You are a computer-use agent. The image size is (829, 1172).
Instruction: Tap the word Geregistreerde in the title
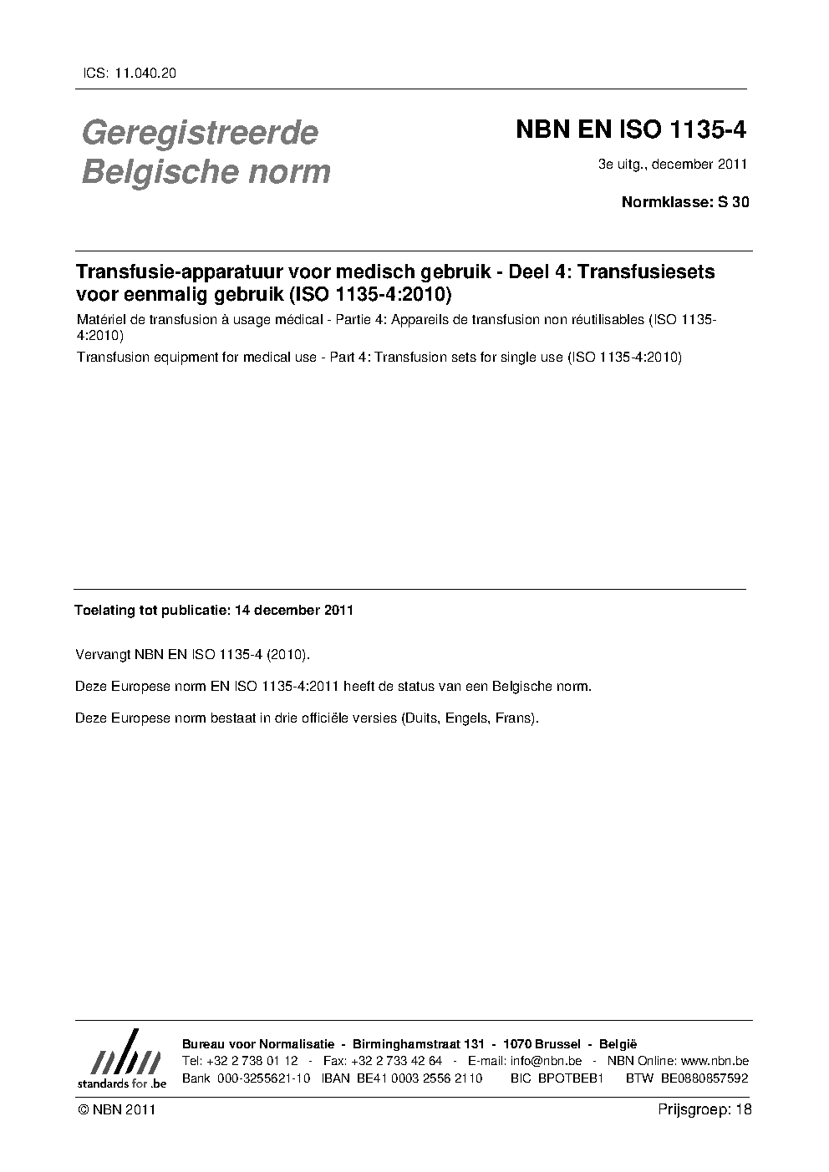(x=200, y=132)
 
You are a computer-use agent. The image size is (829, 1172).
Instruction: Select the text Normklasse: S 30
(x=685, y=201)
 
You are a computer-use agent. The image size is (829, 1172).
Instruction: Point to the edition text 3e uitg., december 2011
(x=672, y=164)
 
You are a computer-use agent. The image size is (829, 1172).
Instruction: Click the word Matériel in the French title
(x=99, y=320)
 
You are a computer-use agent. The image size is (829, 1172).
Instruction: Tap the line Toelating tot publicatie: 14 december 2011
(x=214, y=610)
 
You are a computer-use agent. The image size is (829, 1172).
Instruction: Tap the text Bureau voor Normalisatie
(x=258, y=1044)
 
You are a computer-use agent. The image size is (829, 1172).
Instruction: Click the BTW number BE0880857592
(x=704, y=1078)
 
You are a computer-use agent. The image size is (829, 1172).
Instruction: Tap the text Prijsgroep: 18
(x=704, y=1109)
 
